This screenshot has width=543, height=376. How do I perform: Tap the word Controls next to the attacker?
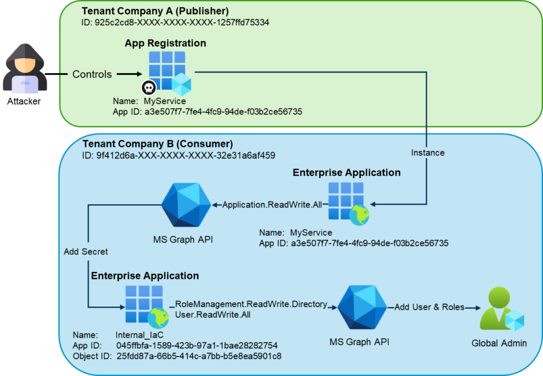click(92, 74)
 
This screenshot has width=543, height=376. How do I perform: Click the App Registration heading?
click(165, 43)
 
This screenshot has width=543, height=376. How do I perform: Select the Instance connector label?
click(428, 153)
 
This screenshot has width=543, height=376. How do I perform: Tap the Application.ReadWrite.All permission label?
click(272, 205)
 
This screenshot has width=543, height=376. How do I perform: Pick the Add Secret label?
click(86, 252)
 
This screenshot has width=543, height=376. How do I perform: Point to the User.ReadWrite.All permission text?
click(213, 315)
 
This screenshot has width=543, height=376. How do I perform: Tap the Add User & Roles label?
click(430, 307)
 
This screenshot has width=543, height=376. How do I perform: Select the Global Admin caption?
click(499, 343)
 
